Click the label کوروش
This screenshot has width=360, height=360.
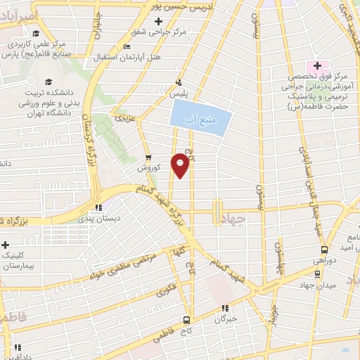[x=150, y=169]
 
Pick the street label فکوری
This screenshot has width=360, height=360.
[x=166, y=289]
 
